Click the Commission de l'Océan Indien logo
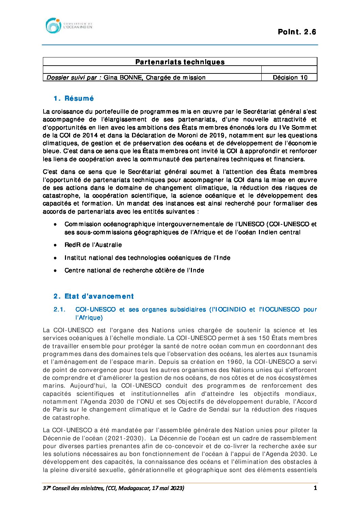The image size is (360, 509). pos(68,26)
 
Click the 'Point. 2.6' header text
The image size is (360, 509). pos(297,32)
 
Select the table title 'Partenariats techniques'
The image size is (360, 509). pos(180,62)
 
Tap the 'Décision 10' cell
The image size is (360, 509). pos(290,78)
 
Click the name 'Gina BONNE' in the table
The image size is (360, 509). pos(123,78)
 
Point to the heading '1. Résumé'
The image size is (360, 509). pos(73,99)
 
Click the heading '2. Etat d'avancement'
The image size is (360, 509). pos(94,296)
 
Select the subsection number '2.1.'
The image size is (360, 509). pos(59,309)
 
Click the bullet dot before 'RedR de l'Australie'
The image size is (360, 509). pos(55,245)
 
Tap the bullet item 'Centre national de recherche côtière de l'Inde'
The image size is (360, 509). pos(134,271)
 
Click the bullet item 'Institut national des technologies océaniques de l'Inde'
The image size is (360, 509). pos(147,258)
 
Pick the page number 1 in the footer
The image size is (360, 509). pos(315,488)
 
